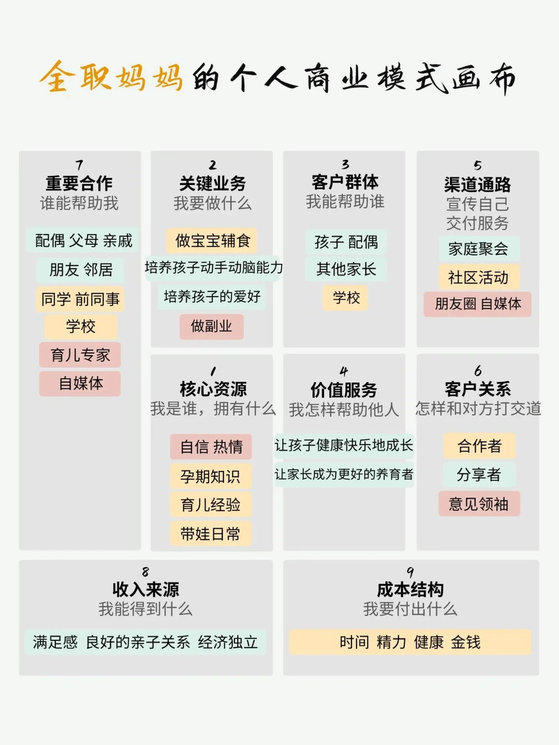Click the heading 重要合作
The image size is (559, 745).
[x=79, y=183]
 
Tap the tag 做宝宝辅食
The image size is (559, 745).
[x=212, y=241]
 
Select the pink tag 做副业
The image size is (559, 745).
[x=211, y=326]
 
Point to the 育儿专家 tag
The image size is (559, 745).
[x=80, y=355]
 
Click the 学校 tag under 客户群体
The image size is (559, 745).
[x=345, y=298]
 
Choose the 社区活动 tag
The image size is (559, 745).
[x=478, y=277]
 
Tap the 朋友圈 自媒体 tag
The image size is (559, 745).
[x=477, y=304]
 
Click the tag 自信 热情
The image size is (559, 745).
[x=211, y=447]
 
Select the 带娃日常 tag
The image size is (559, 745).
[x=210, y=534]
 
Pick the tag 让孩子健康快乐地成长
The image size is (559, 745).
[x=344, y=445]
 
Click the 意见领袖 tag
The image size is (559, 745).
[x=478, y=504]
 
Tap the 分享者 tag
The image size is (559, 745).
[x=478, y=474]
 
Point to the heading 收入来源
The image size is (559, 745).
[x=145, y=589]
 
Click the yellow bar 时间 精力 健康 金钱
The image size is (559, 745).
[x=410, y=642]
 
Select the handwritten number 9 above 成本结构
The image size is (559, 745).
[x=410, y=572]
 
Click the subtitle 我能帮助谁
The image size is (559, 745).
[x=345, y=202]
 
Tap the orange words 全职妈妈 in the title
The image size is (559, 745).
[x=111, y=78]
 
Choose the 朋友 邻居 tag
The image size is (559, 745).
[x=80, y=270]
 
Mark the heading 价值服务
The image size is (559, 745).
[x=344, y=389]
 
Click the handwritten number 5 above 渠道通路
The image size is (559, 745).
[x=477, y=166]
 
